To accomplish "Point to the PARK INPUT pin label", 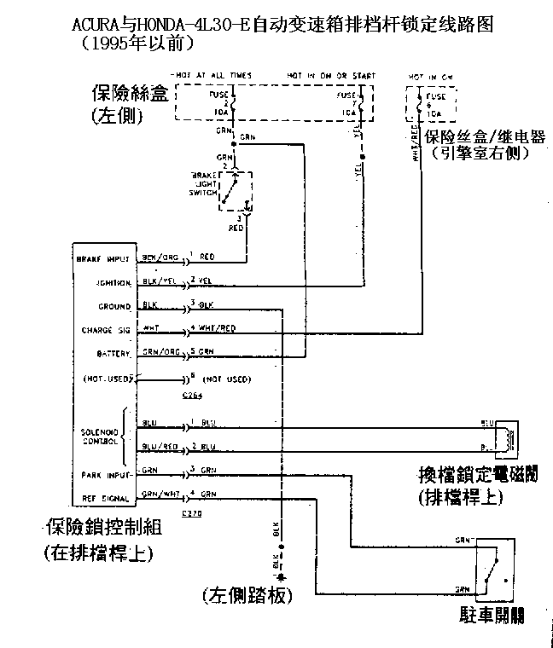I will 106,473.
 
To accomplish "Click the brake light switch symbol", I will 236,190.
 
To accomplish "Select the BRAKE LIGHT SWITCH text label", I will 202,182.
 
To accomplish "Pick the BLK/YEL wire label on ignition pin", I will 157,281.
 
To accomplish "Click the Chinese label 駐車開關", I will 490,615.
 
